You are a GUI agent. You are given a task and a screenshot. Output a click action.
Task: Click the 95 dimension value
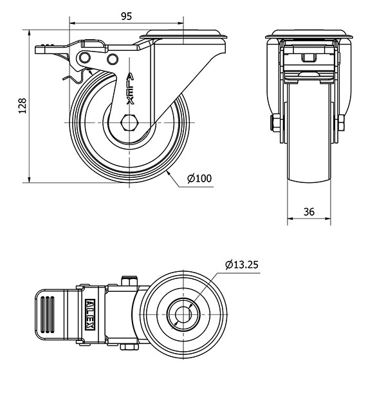click(x=126, y=16)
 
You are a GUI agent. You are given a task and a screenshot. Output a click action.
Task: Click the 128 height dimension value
click(x=23, y=106)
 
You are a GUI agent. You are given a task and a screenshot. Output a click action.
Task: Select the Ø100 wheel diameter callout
click(x=199, y=178)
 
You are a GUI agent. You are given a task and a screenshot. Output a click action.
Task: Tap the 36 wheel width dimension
click(x=309, y=212)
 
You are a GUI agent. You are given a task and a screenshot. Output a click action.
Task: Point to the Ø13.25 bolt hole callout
click(x=241, y=265)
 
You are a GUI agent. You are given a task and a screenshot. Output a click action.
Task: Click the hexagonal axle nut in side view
click(x=129, y=122)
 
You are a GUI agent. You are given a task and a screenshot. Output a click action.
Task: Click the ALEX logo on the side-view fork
click(x=131, y=88)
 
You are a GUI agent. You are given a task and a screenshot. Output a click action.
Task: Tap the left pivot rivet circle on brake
click(x=85, y=58)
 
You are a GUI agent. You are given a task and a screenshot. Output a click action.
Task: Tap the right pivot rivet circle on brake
click(x=113, y=59)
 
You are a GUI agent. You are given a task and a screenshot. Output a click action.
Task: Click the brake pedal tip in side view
click(x=40, y=50)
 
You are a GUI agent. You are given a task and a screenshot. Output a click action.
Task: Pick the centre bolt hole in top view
click(x=183, y=314)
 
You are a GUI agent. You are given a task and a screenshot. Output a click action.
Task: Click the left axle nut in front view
click(x=275, y=123)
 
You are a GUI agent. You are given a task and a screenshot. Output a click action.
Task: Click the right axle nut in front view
click(x=341, y=123)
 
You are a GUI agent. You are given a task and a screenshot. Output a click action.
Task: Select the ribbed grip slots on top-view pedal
click(x=48, y=314)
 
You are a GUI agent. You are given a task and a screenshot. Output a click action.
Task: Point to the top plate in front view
click(x=309, y=34)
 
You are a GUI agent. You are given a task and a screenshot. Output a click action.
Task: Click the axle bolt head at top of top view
click(x=129, y=280)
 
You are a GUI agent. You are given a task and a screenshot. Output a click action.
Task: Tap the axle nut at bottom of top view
click(x=129, y=347)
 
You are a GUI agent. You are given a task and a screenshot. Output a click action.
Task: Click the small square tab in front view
click(x=309, y=58)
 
